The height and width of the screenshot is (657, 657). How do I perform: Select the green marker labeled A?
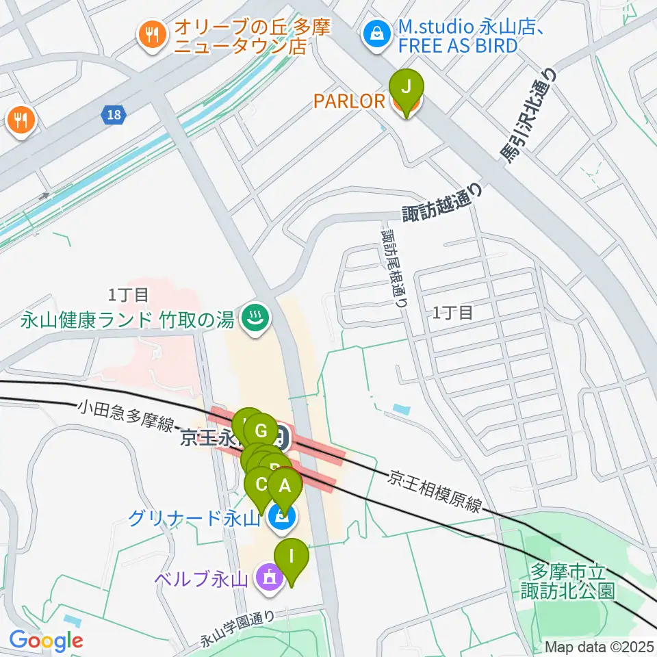coord(285,487)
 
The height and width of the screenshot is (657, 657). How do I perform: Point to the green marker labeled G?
coord(260,432)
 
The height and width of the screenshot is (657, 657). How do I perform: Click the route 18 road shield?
coord(114,115)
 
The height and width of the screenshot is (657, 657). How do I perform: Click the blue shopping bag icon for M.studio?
coord(376,31)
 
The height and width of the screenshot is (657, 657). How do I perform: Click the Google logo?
coord(46,641)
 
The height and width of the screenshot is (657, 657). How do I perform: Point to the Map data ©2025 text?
coord(600,647)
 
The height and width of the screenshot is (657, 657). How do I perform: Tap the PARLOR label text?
coord(349,101)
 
